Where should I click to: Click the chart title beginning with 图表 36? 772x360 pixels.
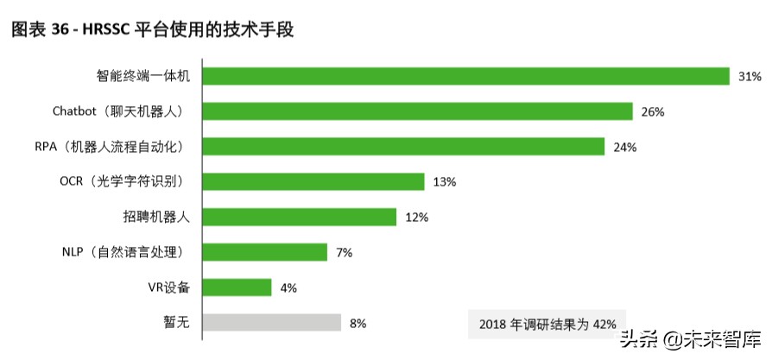(x=152, y=30)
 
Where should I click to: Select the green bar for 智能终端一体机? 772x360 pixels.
(x=466, y=76)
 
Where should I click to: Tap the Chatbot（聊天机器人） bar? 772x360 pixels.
(x=418, y=111)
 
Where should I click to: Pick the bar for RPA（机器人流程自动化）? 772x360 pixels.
(x=403, y=147)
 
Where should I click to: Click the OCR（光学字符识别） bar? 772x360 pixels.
(x=313, y=181)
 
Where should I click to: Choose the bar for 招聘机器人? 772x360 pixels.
(x=300, y=217)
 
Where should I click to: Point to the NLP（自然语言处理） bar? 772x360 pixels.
(x=265, y=252)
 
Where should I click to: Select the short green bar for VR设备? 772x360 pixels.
(x=237, y=287)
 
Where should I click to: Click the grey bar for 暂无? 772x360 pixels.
(x=272, y=323)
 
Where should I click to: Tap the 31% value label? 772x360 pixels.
(x=749, y=77)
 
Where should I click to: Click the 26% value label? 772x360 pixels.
(x=652, y=112)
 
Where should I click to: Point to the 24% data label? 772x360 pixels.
(x=624, y=148)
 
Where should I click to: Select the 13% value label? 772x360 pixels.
(x=444, y=182)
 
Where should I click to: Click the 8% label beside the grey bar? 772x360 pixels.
(x=358, y=324)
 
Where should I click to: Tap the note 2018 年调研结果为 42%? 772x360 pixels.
(x=547, y=325)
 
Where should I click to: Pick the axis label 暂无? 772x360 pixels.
(x=177, y=323)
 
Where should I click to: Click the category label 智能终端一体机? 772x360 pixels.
(x=143, y=76)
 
